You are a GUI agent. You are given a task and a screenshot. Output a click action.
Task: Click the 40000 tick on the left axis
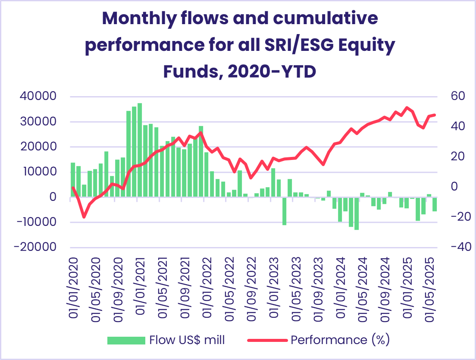pyautogui.click(x=38, y=96)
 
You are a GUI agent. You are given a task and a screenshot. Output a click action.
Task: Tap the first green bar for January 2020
pyautogui.click(x=73, y=180)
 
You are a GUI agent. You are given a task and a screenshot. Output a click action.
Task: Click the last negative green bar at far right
pyautogui.click(x=435, y=204)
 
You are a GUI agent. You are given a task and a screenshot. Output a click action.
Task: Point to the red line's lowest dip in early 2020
pyautogui.click(x=84, y=217)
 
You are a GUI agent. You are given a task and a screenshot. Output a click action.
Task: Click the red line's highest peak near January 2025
pyautogui.click(x=407, y=107)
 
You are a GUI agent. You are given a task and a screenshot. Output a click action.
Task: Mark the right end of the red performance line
pyautogui.click(x=435, y=115)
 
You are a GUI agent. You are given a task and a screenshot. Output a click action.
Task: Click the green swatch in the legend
pyautogui.click(x=126, y=340)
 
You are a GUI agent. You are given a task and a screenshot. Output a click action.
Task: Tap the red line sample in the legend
pyautogui.click(x=267, y=340)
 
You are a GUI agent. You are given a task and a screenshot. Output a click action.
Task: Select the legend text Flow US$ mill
pyautogui.click(x=187, y=340)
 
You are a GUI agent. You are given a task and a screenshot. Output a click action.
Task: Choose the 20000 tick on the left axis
pyautogui.click(x=38, y=147)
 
